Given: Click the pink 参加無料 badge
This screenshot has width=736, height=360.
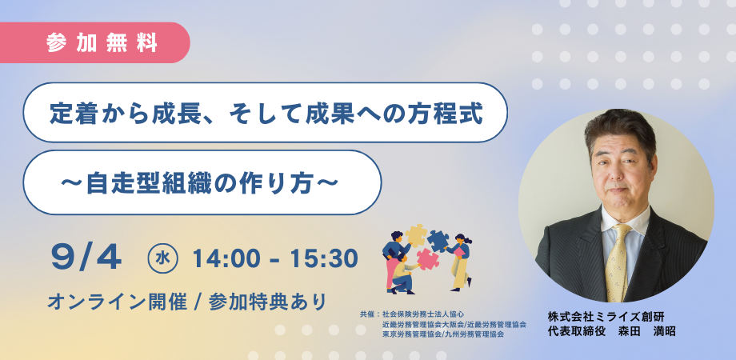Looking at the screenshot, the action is [x=94, y=42].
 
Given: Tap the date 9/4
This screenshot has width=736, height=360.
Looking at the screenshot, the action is [x=86, y=258].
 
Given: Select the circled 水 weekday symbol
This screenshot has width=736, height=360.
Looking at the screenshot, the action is [x=162, y=258].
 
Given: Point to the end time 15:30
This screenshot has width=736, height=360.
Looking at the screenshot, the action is [x=323, y=258].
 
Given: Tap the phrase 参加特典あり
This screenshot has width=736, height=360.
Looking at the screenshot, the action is [x=267, y=302].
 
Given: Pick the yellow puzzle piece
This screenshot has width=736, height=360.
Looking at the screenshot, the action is [x=415, y=235].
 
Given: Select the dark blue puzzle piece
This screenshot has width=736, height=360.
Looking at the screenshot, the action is [x=438, y=241].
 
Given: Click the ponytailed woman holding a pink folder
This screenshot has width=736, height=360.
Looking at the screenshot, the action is [x=460, y=261].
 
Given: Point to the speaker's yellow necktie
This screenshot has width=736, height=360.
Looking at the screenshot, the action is [x=618, y=263].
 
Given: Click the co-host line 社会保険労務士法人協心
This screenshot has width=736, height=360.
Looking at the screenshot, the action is [x=423, y=314].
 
